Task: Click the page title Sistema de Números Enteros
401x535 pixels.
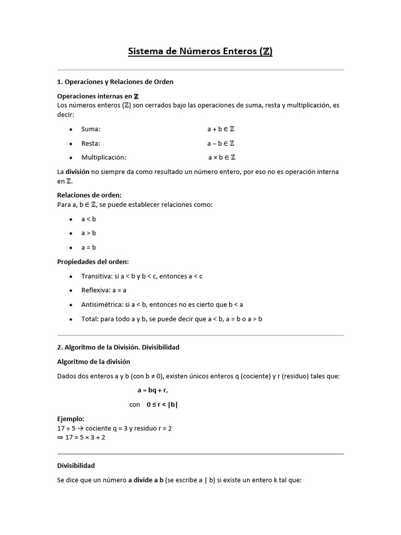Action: click(200, 51)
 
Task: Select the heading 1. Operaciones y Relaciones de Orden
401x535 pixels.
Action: click(115, 82)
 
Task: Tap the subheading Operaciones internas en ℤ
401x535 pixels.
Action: click(98, 96)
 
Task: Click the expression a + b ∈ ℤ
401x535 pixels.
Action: click(221, 129)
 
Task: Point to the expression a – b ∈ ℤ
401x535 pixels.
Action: click(221, 143)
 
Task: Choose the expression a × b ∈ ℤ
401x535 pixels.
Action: click(221, 157)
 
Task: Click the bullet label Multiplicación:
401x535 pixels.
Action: click(104, 157)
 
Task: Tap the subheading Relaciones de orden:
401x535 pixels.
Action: click(89, 195)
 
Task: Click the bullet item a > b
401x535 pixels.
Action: click(89, 233)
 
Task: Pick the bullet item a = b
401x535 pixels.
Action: click(89, 247)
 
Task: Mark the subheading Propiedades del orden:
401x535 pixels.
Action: click(92, 262)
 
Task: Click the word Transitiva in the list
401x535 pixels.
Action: click(97, 276)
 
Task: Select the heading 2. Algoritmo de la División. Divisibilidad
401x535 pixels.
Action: click(118, 347)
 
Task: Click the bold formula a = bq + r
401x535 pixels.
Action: click(152, 390)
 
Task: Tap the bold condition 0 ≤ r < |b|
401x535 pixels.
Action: click(166, 404)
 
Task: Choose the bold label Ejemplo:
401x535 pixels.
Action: click(70, 419)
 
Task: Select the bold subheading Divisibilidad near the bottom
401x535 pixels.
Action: click(76, 465)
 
